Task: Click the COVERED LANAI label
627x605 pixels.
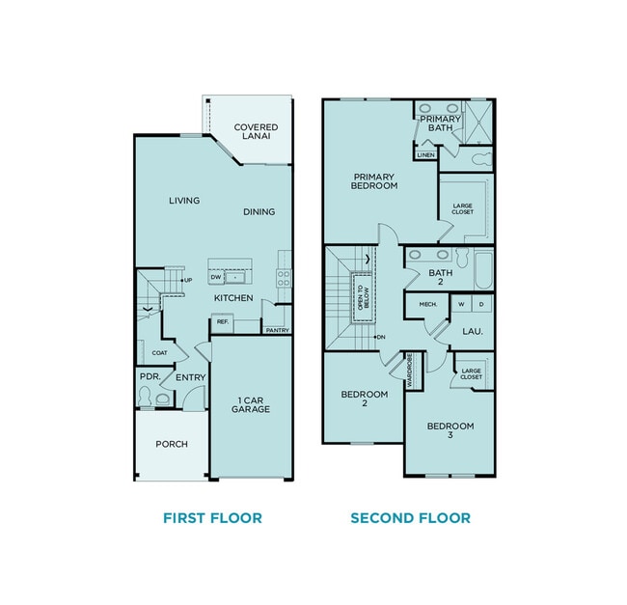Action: point(256,132)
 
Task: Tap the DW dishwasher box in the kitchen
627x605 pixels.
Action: point(217,277)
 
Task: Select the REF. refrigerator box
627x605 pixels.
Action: point(222,321)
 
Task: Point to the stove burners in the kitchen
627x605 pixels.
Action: point(285,277)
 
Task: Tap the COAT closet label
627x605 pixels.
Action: point(159,353)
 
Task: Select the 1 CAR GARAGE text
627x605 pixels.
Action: point(250,403)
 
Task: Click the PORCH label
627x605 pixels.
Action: point(172,444)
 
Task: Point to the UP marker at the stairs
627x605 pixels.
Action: point(188,281)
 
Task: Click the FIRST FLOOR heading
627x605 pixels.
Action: point(212,518)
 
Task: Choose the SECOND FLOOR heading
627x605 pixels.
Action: point(410,518)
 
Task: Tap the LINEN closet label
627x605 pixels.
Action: point(425,154)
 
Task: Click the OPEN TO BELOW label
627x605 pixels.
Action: point(361,296)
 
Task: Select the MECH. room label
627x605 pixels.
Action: point(427,305)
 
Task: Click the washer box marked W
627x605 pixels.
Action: point(461,305)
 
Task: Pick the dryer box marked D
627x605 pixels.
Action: point(481,305)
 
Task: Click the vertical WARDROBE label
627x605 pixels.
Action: point(410,370)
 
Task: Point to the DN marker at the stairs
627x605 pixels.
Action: point(382,336)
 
